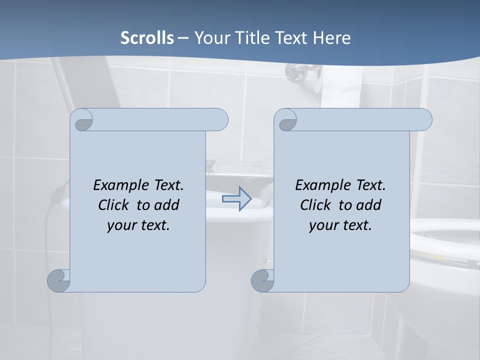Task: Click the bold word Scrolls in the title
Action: (147, 38)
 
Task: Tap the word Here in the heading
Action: (332, 38)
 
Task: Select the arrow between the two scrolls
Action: (237, 199)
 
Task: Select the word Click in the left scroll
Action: (112, 205)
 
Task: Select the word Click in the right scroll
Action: (314, 205)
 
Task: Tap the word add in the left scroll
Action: (166, 205)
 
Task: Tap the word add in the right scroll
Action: (368, 205)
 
